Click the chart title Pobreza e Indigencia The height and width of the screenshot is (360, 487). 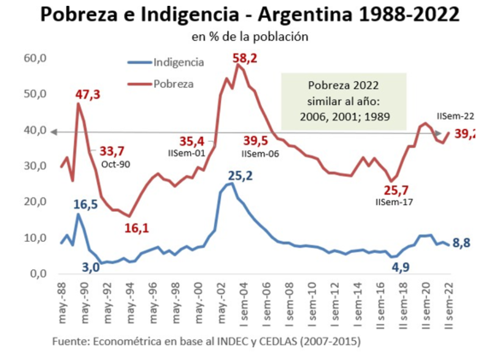[249, 15]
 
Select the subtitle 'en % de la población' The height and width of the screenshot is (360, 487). [249, 37]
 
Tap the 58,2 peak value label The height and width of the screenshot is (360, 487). [245, 58]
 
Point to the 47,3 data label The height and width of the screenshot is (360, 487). [88, 95]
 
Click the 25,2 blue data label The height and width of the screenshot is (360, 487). [240, 175]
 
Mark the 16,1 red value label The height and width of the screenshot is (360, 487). [137, 228]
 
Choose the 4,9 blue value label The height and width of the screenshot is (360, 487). [400, 267]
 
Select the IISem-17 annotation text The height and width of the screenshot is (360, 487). [394, 202]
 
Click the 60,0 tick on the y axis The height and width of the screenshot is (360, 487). [36, 58]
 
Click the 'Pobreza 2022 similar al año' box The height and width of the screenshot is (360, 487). [344, 101]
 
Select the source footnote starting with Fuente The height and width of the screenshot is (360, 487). [206, 342]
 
